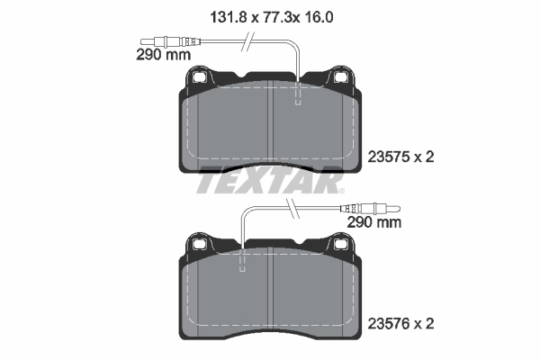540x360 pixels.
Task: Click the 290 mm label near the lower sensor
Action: click(373, 221)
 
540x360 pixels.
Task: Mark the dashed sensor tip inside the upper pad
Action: click(298, 95)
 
